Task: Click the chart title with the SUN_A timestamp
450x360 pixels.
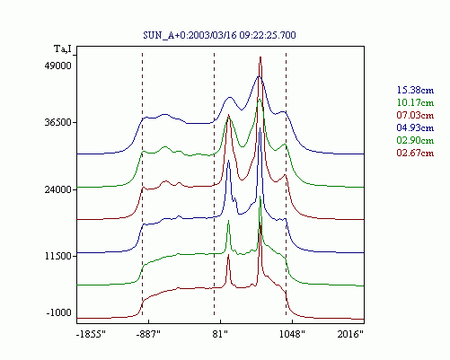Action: [219, 35]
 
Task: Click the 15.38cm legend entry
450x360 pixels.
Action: [415, 90]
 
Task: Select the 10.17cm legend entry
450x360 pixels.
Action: [415, 102]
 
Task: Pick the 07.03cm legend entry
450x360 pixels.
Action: [415, 115]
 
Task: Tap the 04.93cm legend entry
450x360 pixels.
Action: [415, 127]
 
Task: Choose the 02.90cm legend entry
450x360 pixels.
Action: [415, 140]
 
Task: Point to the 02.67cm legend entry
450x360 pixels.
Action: [415, 153]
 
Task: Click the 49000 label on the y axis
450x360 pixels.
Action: [58, 66]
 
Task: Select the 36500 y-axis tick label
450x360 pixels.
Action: [58, 123]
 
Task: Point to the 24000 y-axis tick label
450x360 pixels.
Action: [58, 189]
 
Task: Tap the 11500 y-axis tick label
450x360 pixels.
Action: [58, 256]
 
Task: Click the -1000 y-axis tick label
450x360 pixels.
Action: [59, 313]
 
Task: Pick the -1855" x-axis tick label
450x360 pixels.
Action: [91, 334]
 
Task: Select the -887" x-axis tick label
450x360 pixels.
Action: [148, 334]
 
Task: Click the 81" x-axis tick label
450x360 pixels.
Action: [220, 334]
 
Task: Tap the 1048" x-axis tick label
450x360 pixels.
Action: [292, 334]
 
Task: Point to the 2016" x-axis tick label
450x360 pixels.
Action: [350, 334]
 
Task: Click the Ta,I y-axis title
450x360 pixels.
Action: [63, 48]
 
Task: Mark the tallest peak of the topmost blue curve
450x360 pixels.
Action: [259, 77]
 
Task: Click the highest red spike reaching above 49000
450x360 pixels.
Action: [260, 57]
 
